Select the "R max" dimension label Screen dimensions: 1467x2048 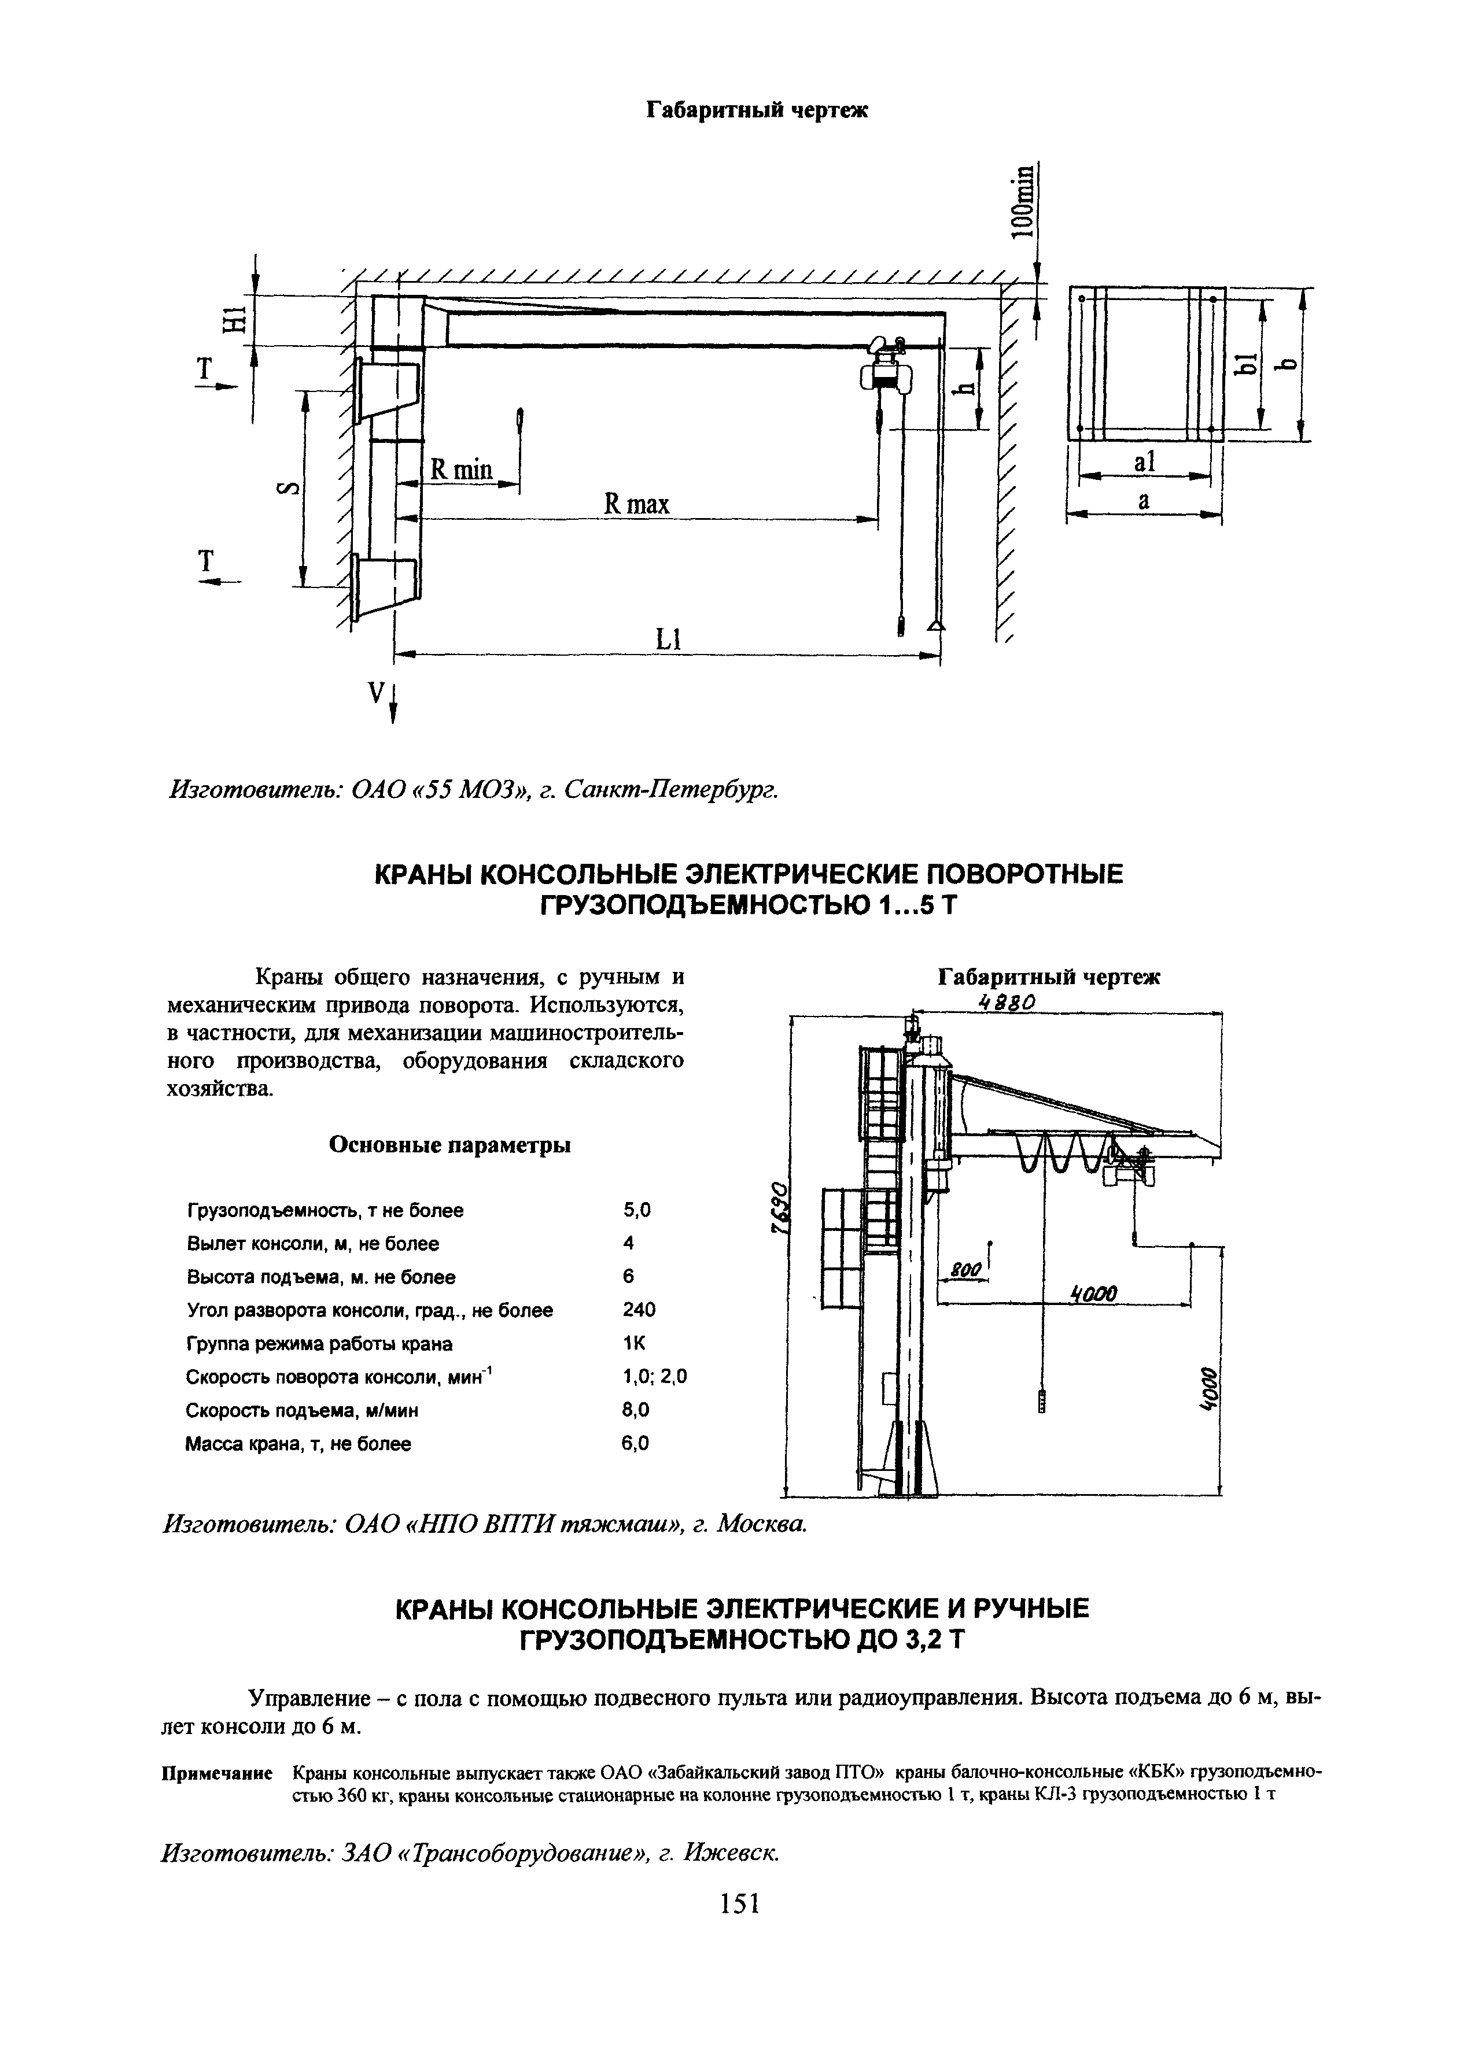point(637,503)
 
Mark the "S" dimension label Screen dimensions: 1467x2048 point(287,489)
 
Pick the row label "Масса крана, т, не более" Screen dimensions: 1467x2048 point(298,1444)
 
